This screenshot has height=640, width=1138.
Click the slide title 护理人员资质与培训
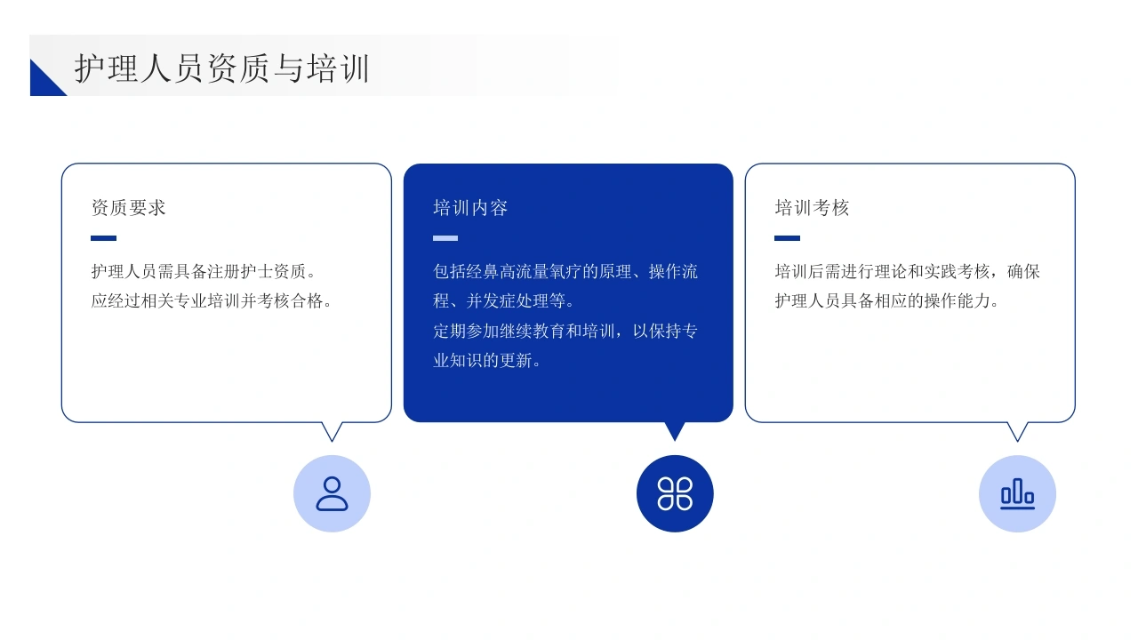(222, 68)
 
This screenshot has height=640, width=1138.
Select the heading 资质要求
(129, 208)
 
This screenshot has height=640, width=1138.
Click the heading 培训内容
(470, 208)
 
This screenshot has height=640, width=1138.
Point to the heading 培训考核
(812, 208)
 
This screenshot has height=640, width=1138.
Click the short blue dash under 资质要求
(104, 237)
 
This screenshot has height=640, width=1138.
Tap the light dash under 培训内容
(445, 237)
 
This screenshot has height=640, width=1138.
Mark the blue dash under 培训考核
(787, 237)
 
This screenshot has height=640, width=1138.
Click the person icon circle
(332, 493)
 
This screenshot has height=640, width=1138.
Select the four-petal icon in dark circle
(675, 493)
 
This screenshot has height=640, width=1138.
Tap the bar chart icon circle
(1017, 493)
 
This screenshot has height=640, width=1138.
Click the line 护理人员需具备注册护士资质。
(204, 272)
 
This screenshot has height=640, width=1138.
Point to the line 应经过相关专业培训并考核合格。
(212, 301)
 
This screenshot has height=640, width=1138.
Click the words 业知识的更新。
(486, 361)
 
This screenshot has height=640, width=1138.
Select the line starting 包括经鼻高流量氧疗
(565, 272)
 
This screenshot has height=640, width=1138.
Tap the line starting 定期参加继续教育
(565, 332)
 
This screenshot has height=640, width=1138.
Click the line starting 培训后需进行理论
(908, 272)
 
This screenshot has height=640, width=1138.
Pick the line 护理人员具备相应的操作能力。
(886, 301)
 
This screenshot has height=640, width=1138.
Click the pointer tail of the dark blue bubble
(675, 430)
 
